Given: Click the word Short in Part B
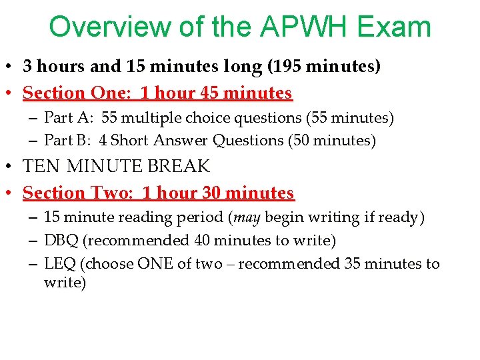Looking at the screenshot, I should (131, 141).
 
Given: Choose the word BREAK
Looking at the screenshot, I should (181, 166).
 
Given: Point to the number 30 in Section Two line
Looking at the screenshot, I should (211, 193).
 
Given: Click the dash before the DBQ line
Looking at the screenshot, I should (33, 240).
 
